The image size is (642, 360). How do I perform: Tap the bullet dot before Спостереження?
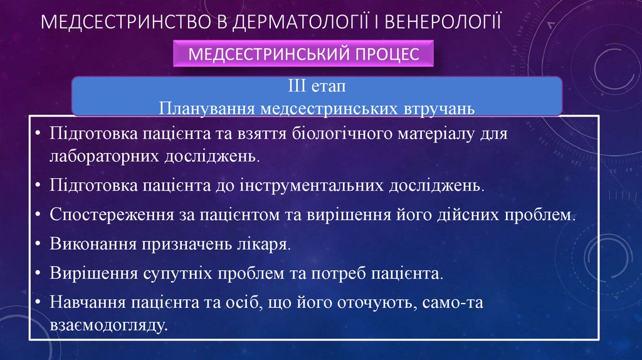[x=39, y=215]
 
